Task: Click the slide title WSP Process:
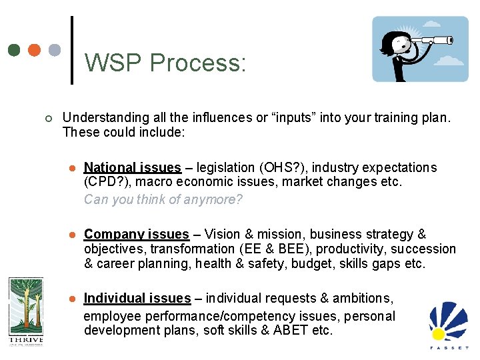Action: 165,63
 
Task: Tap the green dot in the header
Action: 15,50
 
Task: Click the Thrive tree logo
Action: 25,311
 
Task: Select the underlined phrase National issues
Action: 133,167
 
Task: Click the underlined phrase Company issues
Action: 137,234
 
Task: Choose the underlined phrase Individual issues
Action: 137,298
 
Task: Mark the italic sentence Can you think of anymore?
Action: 163,199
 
